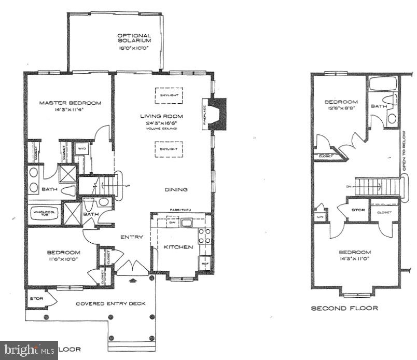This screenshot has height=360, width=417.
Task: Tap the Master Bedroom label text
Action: click(x=70, y=103)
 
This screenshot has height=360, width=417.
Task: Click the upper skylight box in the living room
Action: click(x=169, y=95)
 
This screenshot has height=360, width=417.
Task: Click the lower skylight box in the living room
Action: click(x=169, y=148)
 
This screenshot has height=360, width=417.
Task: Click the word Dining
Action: click(x=176, y=189)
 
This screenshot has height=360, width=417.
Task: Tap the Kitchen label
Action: click(x=178, y=247)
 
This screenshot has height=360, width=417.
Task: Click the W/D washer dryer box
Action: click(x=82, y=149)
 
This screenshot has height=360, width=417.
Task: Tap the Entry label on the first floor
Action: click(x=132, y=237)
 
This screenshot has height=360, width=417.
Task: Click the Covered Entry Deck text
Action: click(x=110, y=303)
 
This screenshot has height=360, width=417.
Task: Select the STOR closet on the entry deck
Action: click(x=37, y=299)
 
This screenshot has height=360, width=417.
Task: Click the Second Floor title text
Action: click(x=344, y=308)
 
